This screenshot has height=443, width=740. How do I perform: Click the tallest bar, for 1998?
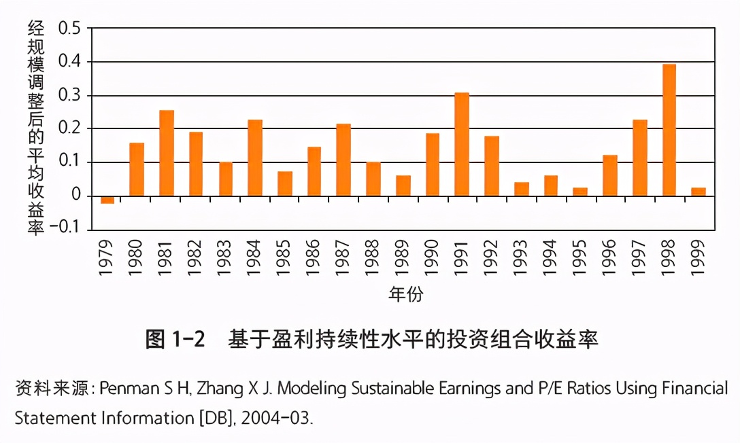[x=669, y=130]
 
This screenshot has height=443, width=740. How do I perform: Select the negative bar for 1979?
[x=107, y=200]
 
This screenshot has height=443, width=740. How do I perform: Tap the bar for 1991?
[x=462, y=144]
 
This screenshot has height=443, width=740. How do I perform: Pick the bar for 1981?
[x=167, y=153]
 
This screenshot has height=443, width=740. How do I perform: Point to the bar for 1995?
[x=580, y=192]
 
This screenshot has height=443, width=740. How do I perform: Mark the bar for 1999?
[x=699, y=192]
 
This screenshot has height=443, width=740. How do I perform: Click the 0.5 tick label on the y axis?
[x=69, y=29]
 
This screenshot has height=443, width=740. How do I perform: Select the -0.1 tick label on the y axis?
[x=65, y=230]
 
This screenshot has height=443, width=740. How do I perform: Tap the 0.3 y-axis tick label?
[x=69, y=96]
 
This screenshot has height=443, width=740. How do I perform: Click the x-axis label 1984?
[x=255, y=258]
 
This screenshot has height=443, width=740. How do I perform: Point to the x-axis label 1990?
[x=433, y=258]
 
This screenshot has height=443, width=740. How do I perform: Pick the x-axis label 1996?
[x=610, y=258]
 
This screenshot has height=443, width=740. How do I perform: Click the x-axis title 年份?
[x=406, y=294]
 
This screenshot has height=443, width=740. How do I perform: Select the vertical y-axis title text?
[x=35, y=128]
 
